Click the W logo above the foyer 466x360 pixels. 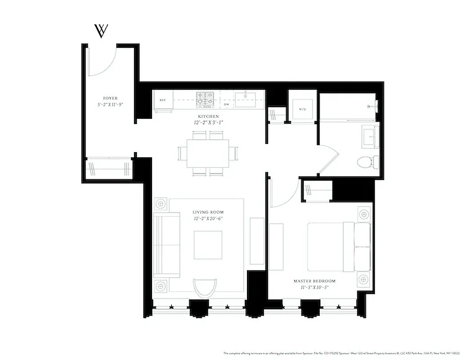101,31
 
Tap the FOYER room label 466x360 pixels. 110,98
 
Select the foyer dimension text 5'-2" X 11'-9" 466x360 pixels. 110,104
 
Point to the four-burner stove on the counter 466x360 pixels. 205,100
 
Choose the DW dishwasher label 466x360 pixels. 227,104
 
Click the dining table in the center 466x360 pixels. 208,153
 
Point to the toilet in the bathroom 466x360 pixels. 367,161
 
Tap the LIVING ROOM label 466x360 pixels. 208,212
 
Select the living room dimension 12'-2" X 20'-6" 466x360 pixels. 208,218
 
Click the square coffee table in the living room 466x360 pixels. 208,245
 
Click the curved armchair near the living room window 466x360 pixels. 205,287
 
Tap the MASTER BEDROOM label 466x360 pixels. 315,281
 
